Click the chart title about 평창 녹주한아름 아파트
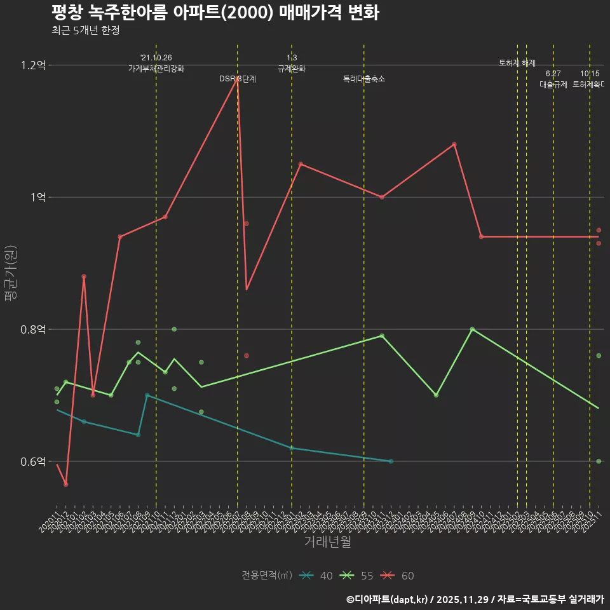pyautogui.click(x=215, y=13)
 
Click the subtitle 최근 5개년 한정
pyautogui.click(x=85, y=30)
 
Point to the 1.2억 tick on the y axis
pyautogui.click(x=33, y=65)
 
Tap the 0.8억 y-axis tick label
pyautogui.click(x=33, y=329)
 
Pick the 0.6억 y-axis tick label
pyautogui.click(x=33, y=461)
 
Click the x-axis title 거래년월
pyautogui.click(x=327, y=542)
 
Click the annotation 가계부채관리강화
pyautogui.click(x=156, y=68)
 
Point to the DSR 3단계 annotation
pyautogui.click(x=238, y=79)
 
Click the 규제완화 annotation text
pyautogui.click(x=292, y=68)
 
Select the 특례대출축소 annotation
pyautogui.click(x=364, y=79)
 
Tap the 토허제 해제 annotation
pyautogui.click(x=517, y=63)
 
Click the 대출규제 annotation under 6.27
pyautogui.click(x=553, y=84)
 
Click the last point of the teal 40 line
pyautogui.click(x=391, y=461)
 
